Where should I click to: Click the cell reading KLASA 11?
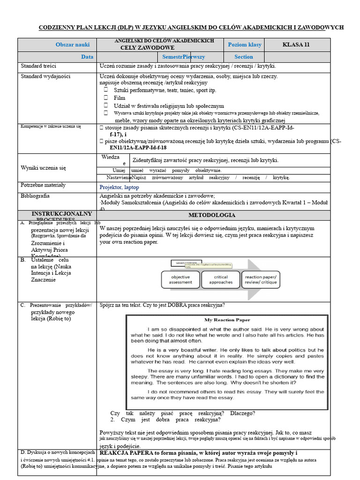[x=296, y=45]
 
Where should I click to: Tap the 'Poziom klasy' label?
[x=244, y=45]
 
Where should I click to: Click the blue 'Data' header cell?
[x=87, y=57]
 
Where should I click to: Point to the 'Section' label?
[x=244, y=57]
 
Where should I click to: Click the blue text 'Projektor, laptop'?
[x=119, y=187]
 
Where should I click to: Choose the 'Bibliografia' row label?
[x=36, y=196]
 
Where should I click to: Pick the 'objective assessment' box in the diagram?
[x=180, y=280]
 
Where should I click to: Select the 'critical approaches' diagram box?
[x=220, y=280]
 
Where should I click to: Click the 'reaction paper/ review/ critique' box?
[x=261, y=280]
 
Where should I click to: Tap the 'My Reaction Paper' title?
[x=227, y=320]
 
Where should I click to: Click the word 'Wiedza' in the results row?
[x=111, y=157]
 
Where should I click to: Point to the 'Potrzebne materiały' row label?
[x=43, y=185]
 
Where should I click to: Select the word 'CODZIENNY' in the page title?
[x=57, y=27]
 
